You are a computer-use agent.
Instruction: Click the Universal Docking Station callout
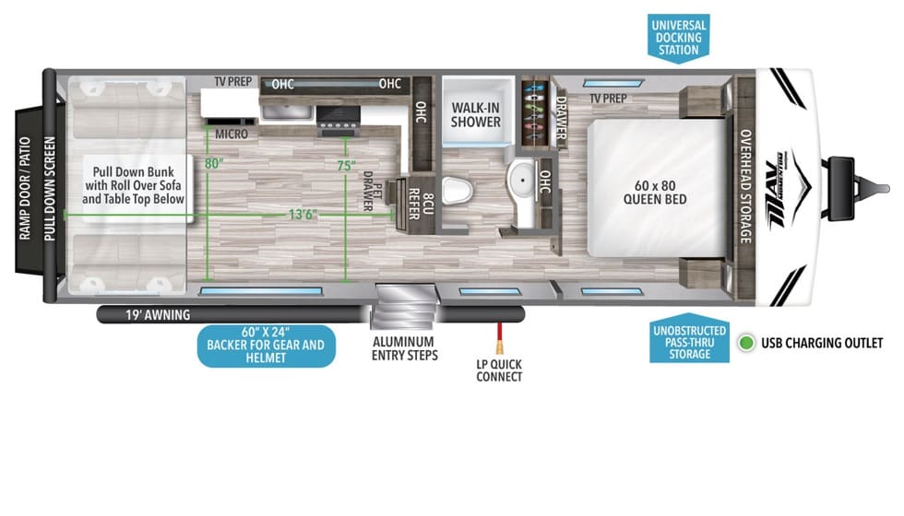point(678,38)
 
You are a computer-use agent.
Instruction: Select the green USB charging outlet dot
point(746,343)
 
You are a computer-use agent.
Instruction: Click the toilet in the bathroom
point(458,190)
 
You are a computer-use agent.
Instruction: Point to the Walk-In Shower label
point(476,114)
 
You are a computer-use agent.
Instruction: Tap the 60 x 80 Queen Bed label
point(655,193)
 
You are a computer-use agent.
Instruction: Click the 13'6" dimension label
point(303,215)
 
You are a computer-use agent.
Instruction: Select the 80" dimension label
point(213,164)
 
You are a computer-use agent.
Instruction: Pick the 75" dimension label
point(346,166)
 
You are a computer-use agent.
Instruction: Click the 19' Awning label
point(158,315)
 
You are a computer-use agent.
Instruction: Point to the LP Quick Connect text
point(499,370)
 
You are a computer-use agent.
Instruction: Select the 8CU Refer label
point(421,204)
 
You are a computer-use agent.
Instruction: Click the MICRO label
point(232,135)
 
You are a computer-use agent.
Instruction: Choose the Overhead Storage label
point(745,186)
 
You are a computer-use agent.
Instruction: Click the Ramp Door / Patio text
point(24,188)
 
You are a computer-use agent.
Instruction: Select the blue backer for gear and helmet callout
point(266,346)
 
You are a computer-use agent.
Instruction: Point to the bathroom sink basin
point(522,181)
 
